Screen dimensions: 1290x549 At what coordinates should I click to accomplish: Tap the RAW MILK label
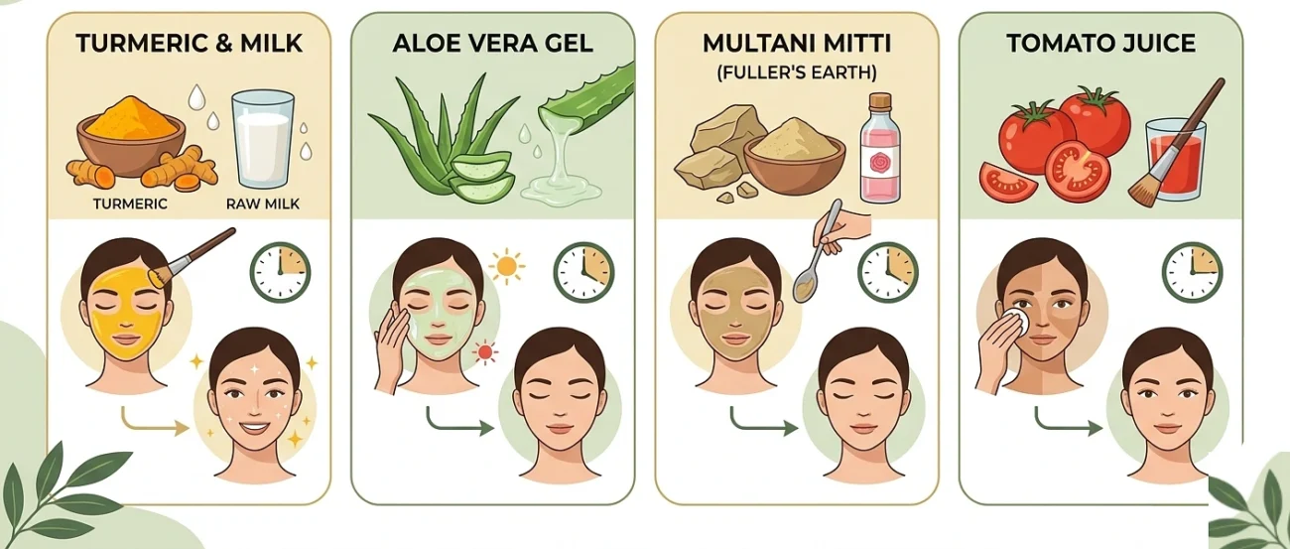click(263, 204)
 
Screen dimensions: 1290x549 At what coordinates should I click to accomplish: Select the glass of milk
click(263, 139)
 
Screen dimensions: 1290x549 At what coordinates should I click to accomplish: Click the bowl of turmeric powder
click(131, 137)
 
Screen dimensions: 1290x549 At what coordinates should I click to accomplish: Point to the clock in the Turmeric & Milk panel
click(281, 272)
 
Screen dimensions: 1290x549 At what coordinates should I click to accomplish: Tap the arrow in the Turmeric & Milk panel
click(155, 423)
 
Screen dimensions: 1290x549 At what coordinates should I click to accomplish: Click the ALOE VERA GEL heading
click(492, 44)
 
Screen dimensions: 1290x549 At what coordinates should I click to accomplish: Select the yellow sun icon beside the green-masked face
click(507, 266)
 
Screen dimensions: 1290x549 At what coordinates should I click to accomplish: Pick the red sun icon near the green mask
click(485, 352)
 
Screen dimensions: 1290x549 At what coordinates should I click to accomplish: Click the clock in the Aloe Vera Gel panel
click(583, 272)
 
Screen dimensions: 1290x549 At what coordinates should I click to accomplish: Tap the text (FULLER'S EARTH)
click(797, 73)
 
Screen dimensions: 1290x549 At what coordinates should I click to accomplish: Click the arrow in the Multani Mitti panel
click(764, 423)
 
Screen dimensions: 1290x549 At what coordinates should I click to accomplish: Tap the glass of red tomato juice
click(1175, 160)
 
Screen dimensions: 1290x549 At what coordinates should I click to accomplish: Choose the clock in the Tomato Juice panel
click(1192, 272)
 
